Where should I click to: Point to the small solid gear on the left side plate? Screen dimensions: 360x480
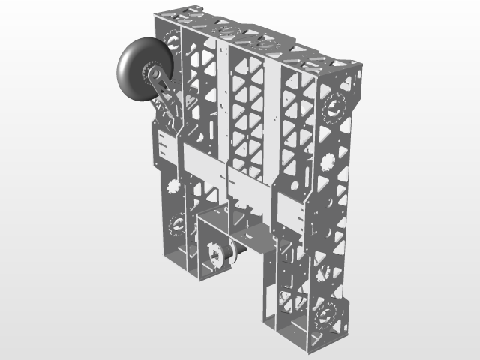[174, 186]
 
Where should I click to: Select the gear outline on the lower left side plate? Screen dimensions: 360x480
[178, 223]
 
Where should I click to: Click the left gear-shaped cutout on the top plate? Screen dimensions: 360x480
[225, 31]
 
